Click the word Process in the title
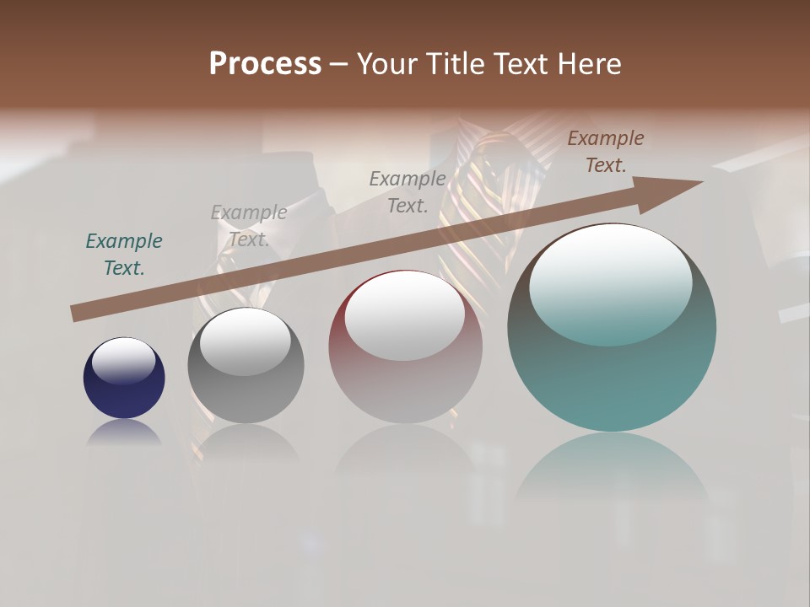coord(265,64)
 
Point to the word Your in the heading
coord(388,64)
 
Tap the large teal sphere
coord(612,379)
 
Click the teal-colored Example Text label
coord(124,255)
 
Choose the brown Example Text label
coord(606,152)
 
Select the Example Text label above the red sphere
coord(408,191)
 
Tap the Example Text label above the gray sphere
coord(249,226)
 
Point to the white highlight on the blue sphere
coord(124,361)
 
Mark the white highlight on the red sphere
coord(404,315)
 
